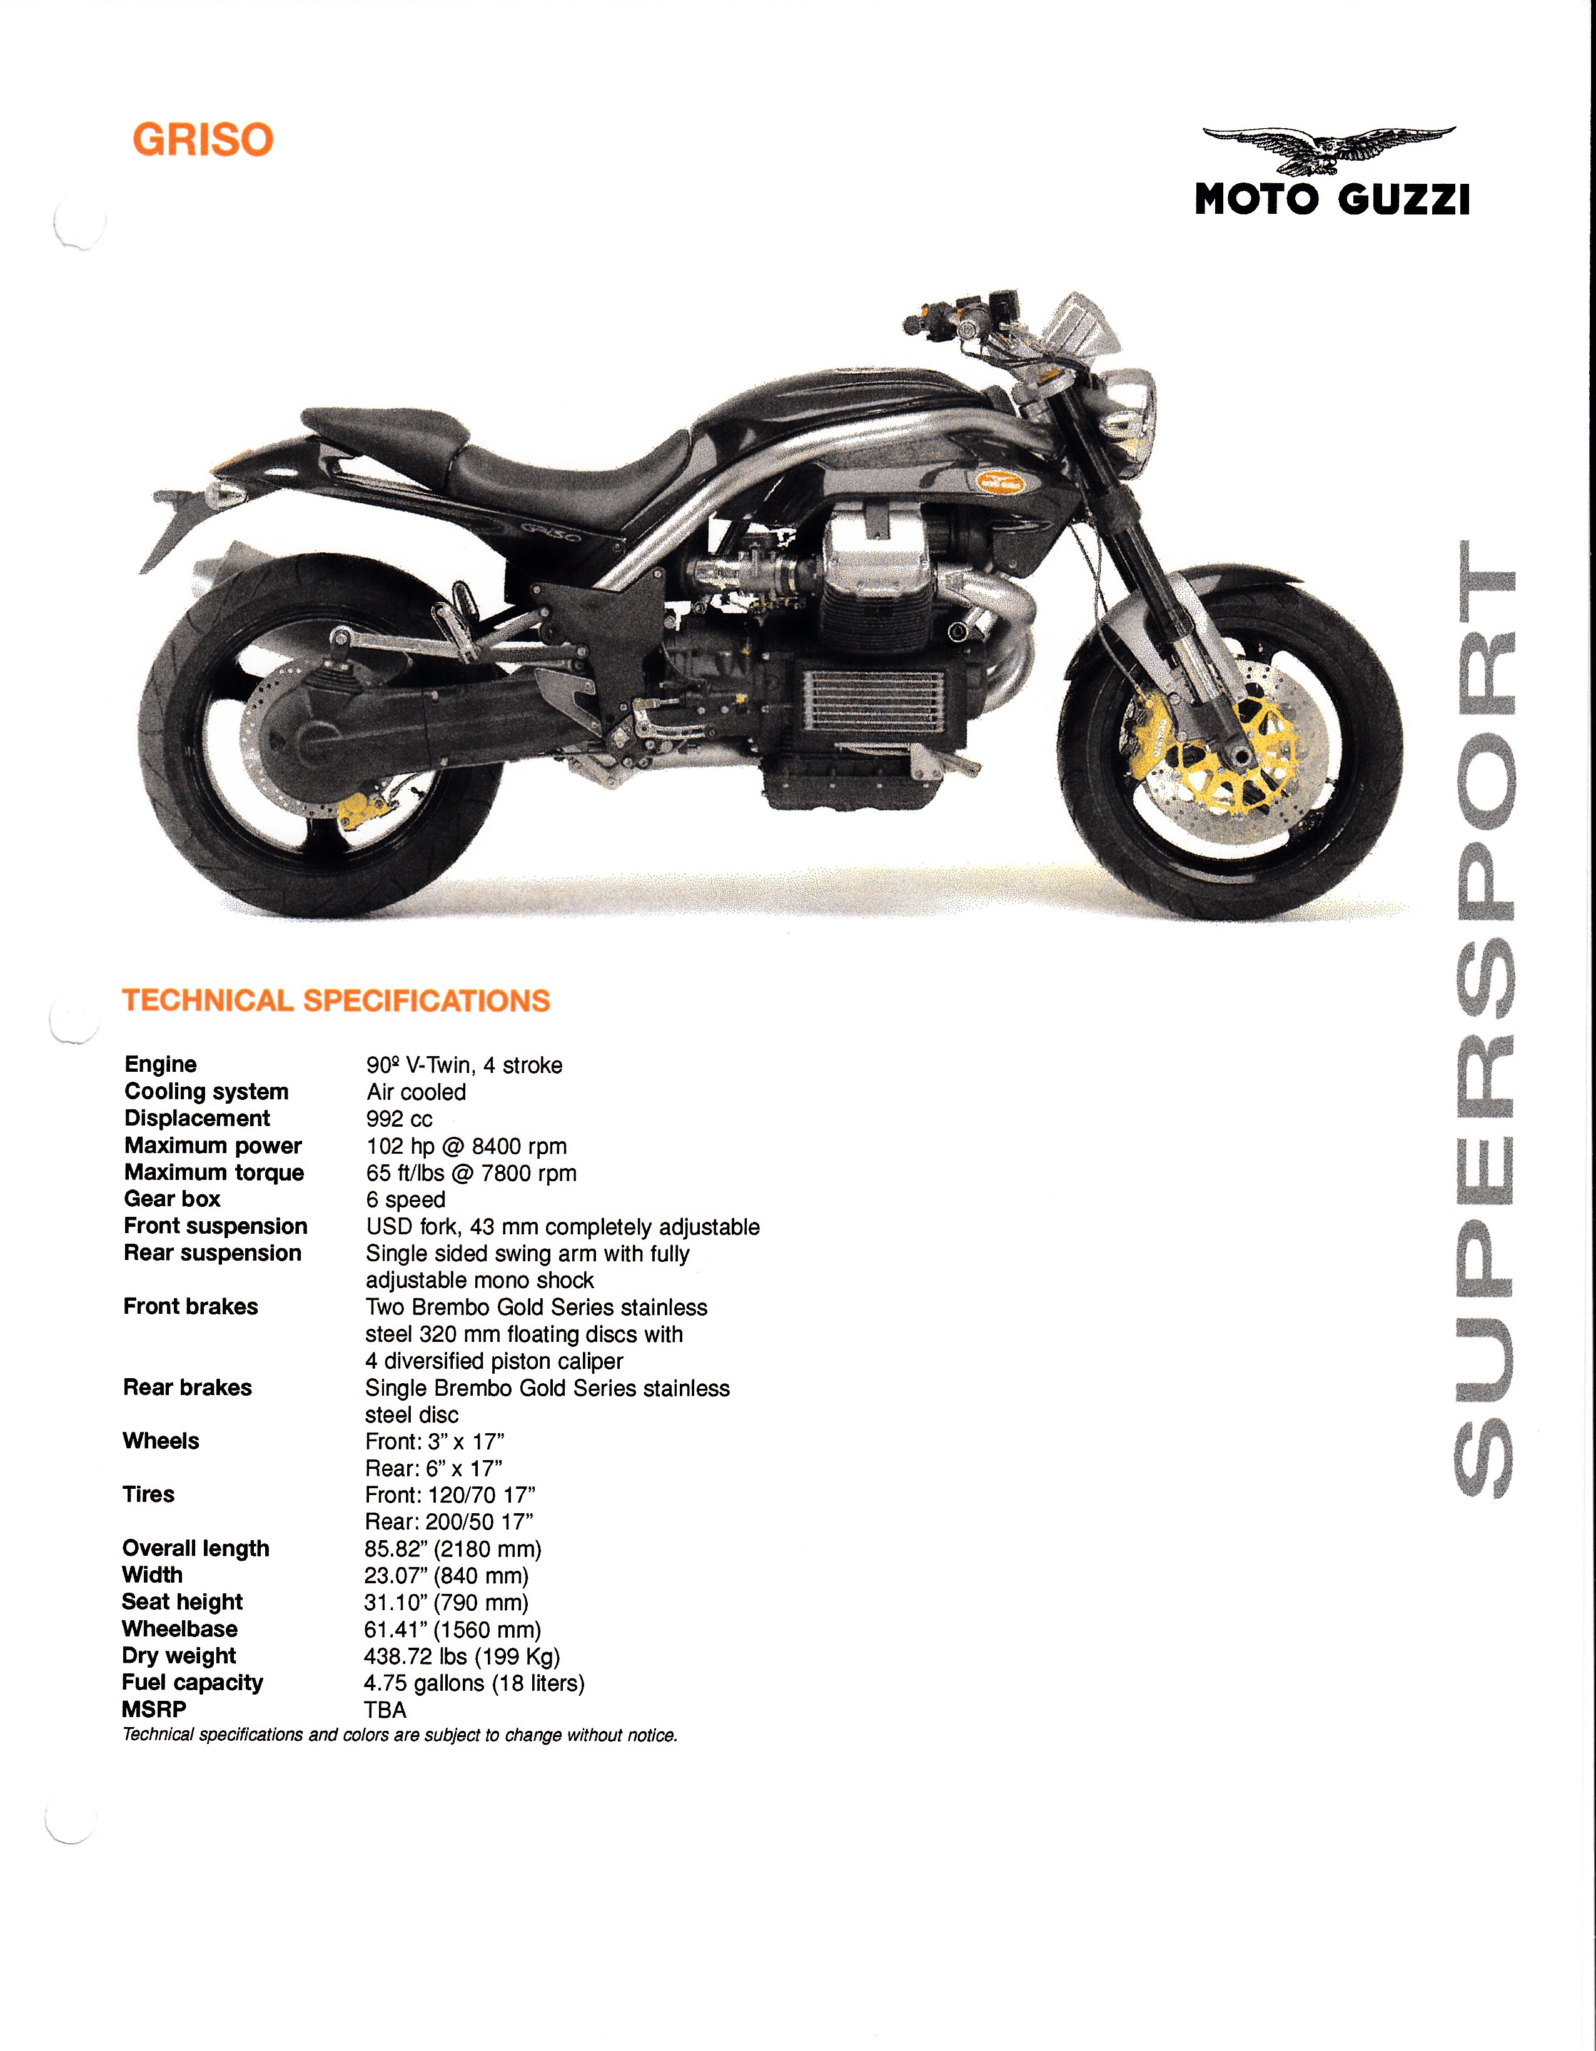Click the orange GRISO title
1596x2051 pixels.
tap(203, 140)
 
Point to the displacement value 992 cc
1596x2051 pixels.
tap(399, 1119)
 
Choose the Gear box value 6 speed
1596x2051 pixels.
tap(406, 1200)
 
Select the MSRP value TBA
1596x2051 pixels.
tap(385, 1710)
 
